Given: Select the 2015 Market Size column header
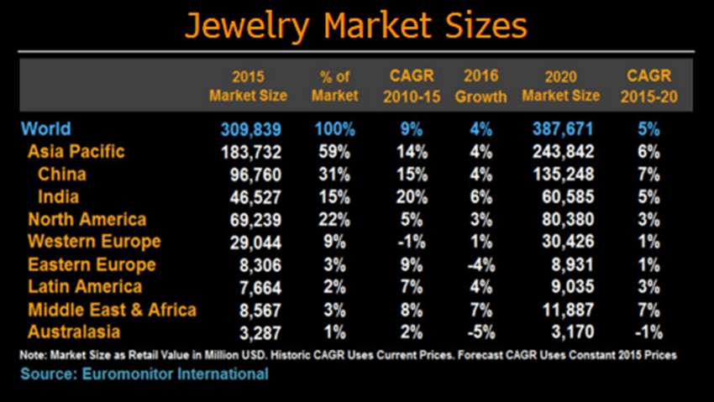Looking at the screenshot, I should [x=248, y=85].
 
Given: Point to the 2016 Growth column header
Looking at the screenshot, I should [x=480, y=85].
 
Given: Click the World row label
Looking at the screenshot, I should [x=46, y=129].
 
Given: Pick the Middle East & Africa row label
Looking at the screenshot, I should [x=112, y=310].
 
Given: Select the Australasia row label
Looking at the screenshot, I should [x=74, y=332].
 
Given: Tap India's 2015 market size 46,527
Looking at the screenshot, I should [x=252, y=198].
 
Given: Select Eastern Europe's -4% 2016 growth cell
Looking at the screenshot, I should [x=480, y=265].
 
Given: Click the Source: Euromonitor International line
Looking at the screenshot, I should [x=144, y=373].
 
